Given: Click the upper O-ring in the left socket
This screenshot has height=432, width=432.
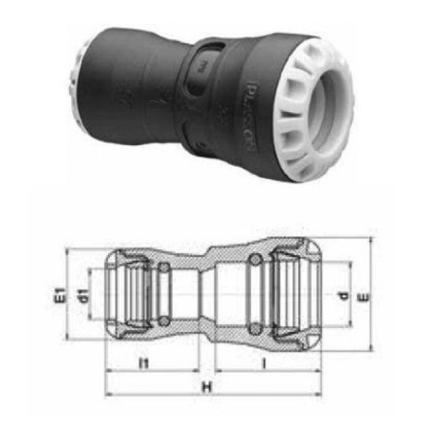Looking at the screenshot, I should tap(163, 268).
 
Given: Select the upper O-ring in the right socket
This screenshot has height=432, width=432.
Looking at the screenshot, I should tap(254, 262).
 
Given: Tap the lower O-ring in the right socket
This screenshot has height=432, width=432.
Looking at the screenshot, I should tap(254, 329).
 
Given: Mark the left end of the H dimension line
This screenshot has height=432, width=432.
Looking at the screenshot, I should tap(106, 394).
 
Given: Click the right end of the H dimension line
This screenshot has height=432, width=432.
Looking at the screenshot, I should tap(319, 394).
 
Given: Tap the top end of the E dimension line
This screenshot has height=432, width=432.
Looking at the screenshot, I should tap(372, 238).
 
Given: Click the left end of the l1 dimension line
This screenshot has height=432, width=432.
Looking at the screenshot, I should tap(106, 371).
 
